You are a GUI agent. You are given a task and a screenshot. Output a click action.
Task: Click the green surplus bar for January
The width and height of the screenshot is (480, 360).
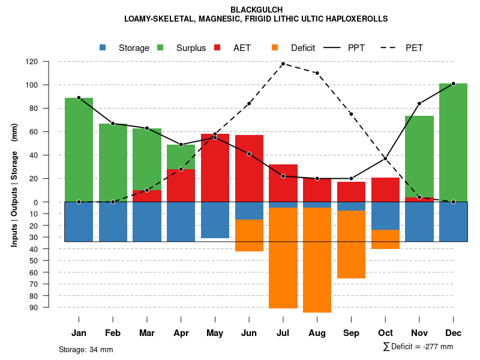click(79, 150)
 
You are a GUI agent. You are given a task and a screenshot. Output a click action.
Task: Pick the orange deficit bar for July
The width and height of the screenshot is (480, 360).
click(283, 258)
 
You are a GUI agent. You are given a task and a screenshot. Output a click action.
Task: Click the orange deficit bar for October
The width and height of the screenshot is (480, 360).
click(385, 239)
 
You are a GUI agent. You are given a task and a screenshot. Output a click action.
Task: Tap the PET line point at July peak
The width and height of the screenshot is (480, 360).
click(283, 64)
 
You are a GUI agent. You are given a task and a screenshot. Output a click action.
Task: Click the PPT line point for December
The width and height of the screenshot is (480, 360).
click(453, 84)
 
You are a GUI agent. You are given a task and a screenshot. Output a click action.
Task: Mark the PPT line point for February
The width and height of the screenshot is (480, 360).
click(113, 124)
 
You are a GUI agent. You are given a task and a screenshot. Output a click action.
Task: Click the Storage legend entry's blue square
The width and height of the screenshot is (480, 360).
click(103, 47)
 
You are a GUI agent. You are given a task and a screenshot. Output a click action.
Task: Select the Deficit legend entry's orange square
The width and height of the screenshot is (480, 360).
click(275, 47)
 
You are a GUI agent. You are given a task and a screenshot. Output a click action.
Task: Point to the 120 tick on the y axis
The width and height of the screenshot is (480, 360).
click(49, 62)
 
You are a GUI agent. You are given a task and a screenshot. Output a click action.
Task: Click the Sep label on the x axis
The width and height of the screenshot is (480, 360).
click(351, 333)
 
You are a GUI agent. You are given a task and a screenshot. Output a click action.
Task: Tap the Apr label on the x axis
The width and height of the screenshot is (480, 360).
click(181, 333)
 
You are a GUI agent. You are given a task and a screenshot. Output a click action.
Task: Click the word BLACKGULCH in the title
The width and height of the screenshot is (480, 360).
click(256, 10)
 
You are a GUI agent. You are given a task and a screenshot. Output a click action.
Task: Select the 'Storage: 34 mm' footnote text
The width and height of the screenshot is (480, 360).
click(86, 349)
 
